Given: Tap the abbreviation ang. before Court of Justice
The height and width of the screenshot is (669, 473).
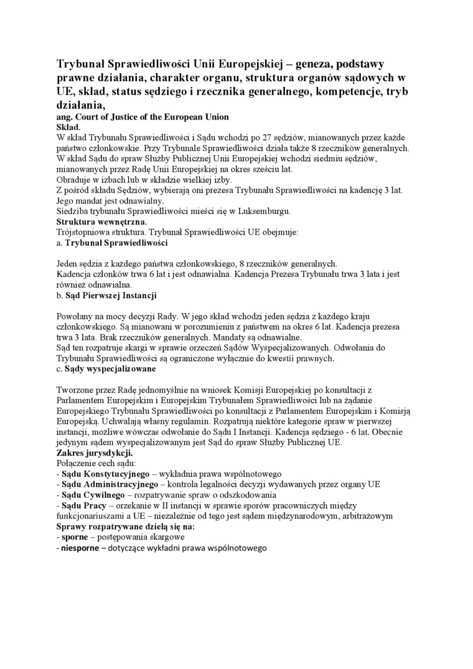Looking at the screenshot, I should point(65,117).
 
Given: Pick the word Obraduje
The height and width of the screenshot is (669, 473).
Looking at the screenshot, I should point(73,180).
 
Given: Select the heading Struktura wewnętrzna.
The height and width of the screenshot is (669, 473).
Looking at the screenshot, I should point(102,222).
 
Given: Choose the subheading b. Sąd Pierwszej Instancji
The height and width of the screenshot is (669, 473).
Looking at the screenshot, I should point(106,295).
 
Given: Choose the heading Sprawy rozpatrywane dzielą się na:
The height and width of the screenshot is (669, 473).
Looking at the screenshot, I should point(125,526).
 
